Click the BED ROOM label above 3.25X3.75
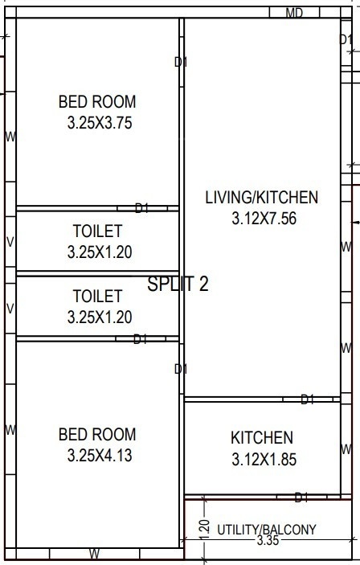[x=97, y=102]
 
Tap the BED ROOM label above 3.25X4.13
[x=97, y=435]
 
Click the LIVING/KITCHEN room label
[x=262, y=197]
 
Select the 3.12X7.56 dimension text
[x=262, y=218]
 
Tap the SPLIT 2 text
[x=178, y=284]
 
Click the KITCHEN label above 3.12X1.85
[x=262, y=438]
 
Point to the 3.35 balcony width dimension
[x=268, y=542]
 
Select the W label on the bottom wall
[x=94, y=554]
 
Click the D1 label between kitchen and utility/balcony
[x=302, y=497]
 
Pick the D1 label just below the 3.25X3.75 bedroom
[x=141, y=208]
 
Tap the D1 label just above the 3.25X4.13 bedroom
[x=141, y=339]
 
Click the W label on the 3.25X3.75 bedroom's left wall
[x=10, y=137]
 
